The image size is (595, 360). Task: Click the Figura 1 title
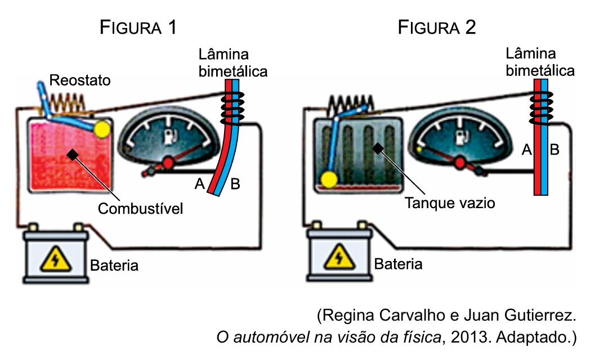point(138,28)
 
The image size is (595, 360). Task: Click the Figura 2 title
point(437,28)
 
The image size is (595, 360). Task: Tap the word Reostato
point(80,80)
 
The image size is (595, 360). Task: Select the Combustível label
point(141,209)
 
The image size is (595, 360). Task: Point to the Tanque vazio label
point(450,202)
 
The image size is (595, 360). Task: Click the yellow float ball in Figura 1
point(102,129)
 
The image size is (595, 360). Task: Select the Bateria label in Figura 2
point(398,264)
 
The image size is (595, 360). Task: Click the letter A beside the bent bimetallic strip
point(199,183)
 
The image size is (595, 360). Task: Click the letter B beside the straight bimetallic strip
point(554,150)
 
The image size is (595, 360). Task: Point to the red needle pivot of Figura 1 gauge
point(168,164)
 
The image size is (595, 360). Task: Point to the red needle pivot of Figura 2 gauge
point(459,163)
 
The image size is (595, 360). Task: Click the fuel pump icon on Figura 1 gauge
point(167,136)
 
